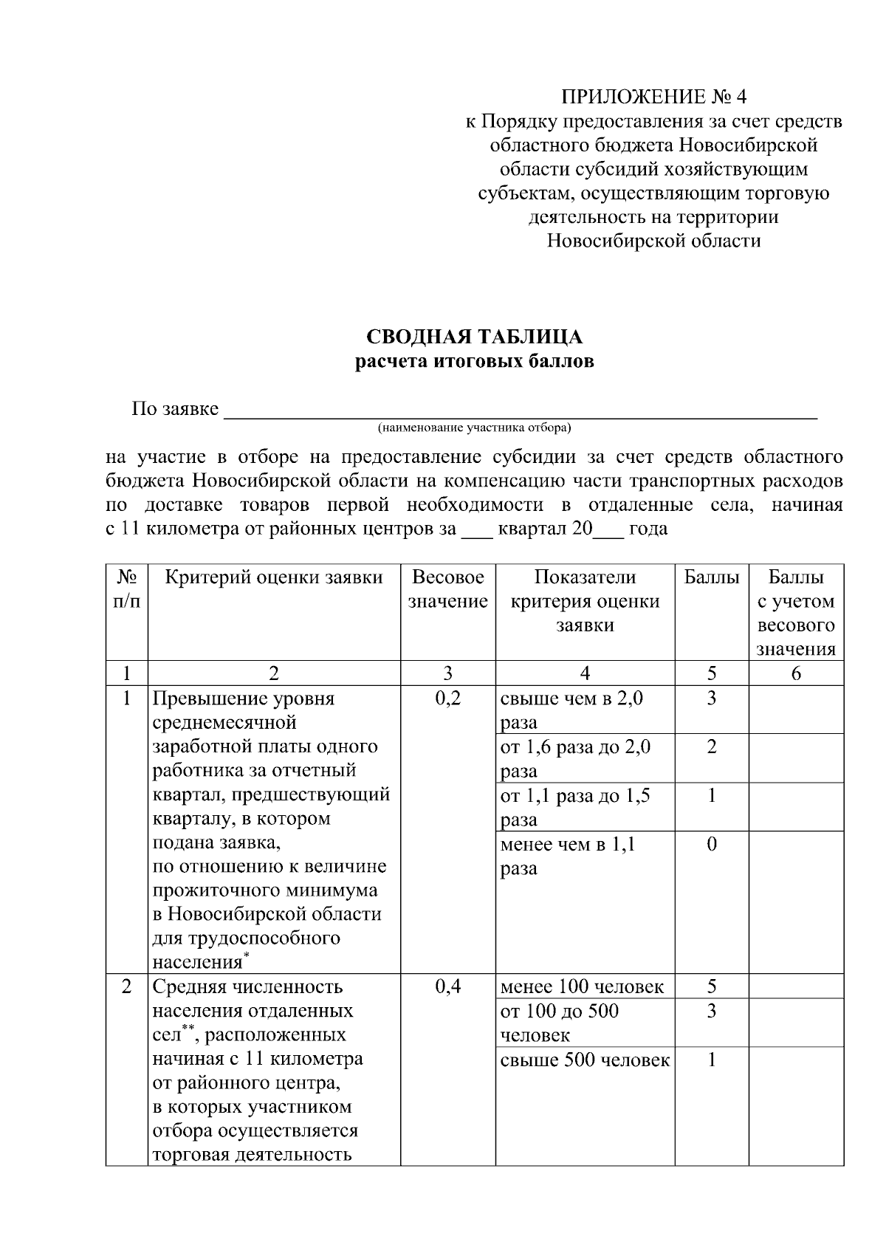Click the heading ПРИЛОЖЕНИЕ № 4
[653, 97]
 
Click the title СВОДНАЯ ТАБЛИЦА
[475, 337]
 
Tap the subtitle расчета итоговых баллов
[475, 362]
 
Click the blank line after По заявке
[520, 411]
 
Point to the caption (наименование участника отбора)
[475, 428]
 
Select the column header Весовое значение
[447, 589]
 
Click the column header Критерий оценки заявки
[274, 577]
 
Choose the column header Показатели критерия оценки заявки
[585, 601]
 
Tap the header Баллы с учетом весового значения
[796, 613]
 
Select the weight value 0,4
[447, 986]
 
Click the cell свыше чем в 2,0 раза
[572, 709]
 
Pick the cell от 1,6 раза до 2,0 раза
[575, 758]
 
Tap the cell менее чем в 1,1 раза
[568, 855]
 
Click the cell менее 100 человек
[582, 986]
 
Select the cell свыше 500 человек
[585, 1060]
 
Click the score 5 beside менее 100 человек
[712, 986]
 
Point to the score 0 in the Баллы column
[712, 844]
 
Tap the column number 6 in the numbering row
[796, 673]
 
